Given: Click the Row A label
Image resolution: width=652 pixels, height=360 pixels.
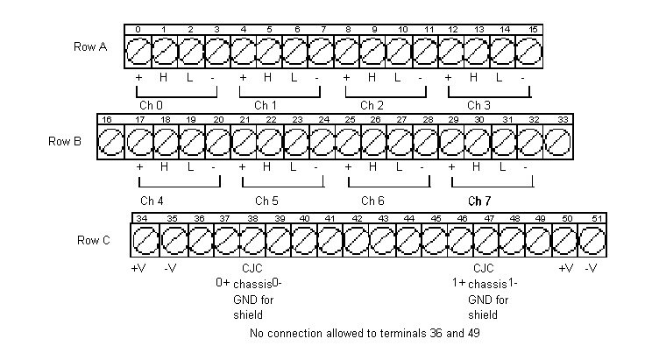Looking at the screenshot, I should (x=91, y=47).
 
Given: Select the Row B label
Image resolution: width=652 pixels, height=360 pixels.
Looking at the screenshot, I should (x=66, y=140).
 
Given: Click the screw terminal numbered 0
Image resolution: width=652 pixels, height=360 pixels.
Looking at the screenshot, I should (x=138, y=54).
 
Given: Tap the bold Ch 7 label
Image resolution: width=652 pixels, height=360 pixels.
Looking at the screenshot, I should (x=480, y=201).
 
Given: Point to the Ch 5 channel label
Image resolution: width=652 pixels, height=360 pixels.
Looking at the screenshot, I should (x=267, y=201).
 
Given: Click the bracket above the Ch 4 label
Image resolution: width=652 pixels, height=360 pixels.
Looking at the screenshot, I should (x=179, y=184).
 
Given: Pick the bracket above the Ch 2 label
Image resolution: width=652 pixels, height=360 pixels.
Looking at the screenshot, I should (x=386, y=90).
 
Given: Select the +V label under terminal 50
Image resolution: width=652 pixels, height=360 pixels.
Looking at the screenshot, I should (x=565, y=268).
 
